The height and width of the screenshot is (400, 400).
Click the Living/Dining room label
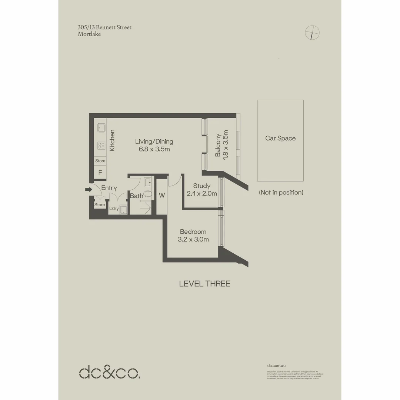154,141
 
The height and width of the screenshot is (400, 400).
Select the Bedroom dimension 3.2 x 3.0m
193,239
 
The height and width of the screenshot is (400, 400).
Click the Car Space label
280,138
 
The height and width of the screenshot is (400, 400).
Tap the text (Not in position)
281,192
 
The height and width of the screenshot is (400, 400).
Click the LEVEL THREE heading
204,284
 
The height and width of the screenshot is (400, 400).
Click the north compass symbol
312,33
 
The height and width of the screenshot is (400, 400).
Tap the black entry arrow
88,189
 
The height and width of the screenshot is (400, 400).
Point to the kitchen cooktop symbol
101,145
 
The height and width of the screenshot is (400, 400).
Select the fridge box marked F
100,172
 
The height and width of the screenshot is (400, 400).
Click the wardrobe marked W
162,195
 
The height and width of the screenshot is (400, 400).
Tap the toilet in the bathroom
147,193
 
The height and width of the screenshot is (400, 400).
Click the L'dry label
114,209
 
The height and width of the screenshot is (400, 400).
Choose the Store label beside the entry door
100,204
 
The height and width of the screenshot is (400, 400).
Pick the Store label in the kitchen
100,161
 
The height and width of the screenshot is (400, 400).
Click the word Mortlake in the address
89,34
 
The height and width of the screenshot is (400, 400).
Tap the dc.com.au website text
276,365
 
